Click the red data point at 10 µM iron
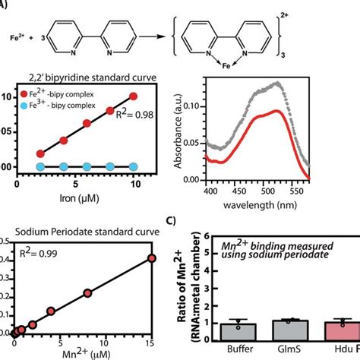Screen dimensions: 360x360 (134, 96)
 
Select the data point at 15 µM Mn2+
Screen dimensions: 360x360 (151, 259)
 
